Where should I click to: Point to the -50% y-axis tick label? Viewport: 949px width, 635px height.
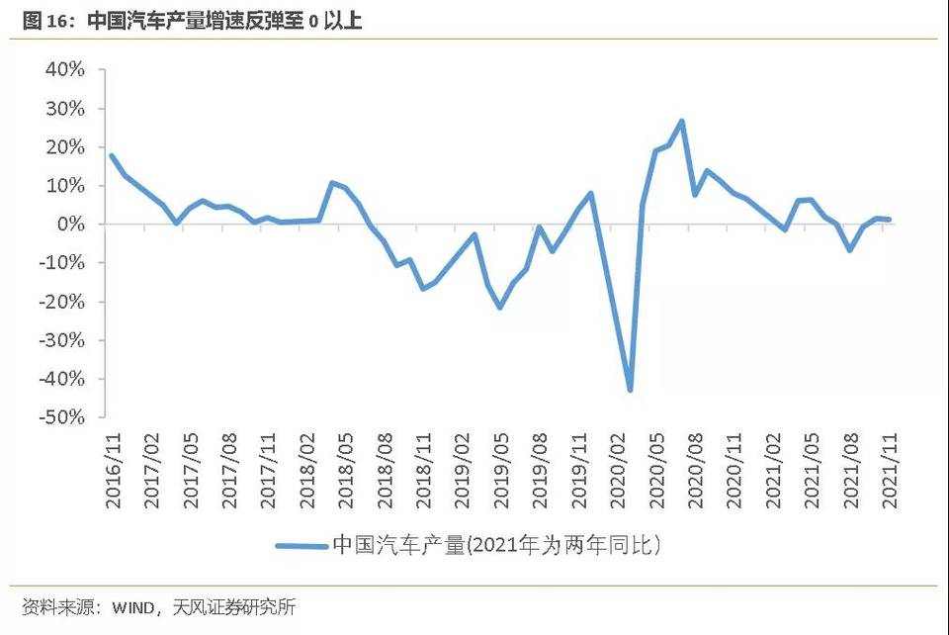pyautogui.click(x=62, y=417)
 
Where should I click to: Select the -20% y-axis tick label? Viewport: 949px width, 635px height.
pyautogui.click(x=62, y=302)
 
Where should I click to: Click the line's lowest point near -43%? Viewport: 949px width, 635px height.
pyautogui.click(x=630, y=390)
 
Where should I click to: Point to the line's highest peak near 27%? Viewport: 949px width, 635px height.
pyautogui.click(x=682, y=122)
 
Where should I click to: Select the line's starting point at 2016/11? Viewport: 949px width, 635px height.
pyautogui.click(x=111, y=155)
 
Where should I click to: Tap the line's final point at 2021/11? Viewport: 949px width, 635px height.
pyautogui.click(x=890, y=220)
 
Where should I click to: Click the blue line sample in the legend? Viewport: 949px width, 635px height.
pyautogui.click(x=301, y=545)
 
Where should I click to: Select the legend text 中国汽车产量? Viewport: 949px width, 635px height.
pyautogui.click(x=398, y=545)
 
